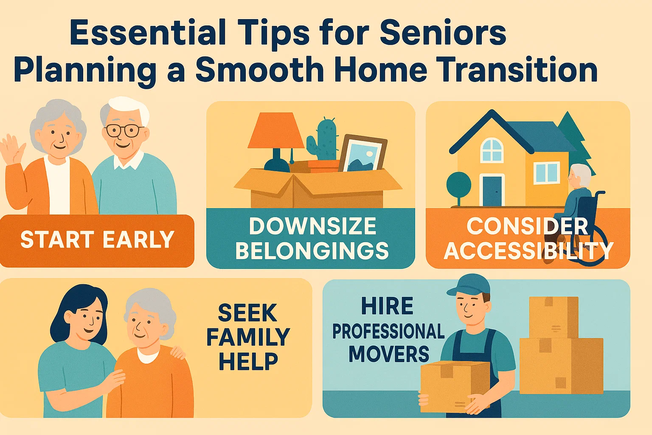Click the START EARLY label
coord(97,240)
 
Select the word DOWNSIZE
coord(312,226)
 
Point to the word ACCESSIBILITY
coord(528,251)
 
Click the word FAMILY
coord(248,337)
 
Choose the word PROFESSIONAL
coord(388,331)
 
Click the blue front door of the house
coord(492,191)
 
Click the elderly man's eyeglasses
coord(122,130)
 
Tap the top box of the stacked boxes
coord(554,317)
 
